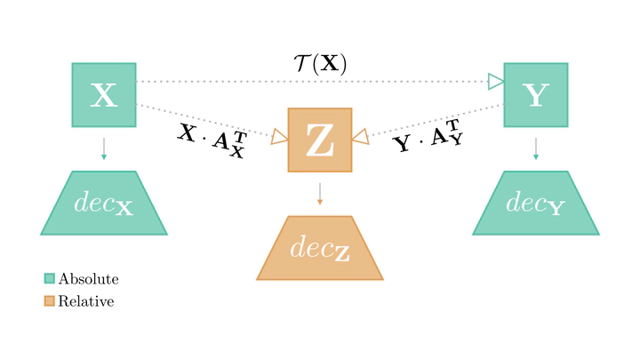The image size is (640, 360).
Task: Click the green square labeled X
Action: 104,95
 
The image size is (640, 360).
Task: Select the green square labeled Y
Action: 535,95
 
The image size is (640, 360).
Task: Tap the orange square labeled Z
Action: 320,140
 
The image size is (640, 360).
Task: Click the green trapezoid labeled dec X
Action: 104,203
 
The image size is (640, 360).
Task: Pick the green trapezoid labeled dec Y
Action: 535,203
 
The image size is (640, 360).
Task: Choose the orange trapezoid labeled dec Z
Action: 320,248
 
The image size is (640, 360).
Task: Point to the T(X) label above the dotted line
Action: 320,63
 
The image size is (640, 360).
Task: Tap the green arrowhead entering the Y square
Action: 496,82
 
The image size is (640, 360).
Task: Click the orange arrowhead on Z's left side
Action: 279,136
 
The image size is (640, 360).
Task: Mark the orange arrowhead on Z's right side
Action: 360,136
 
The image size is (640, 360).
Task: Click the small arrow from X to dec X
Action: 104,148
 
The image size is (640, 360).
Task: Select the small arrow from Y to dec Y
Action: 535,148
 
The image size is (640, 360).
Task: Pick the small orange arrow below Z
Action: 320,194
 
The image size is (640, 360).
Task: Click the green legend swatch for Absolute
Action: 50,278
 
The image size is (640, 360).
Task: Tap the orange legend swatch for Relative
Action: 50,301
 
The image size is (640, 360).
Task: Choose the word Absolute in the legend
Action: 88,279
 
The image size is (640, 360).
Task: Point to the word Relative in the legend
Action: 86,302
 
